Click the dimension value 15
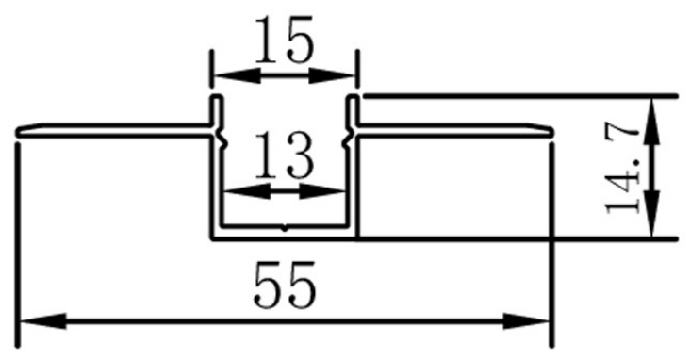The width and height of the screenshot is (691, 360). (x=285, y=40)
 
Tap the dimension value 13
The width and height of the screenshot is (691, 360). (x=285, y=155)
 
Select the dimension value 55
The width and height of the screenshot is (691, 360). (x=285, y=286)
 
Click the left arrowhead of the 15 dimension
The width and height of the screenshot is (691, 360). (x=237, y=76)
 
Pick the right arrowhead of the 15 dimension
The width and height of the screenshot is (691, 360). (x=332, y=76)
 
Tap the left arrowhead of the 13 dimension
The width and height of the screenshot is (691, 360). (x=247, y=191)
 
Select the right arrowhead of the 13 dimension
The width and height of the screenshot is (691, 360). (x=322, y=191)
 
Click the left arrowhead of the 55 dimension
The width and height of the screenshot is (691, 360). (x=43, y=321)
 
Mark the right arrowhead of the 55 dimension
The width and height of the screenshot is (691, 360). (x=527, y=321)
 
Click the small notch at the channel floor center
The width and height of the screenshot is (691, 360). (x=285, y=228)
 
